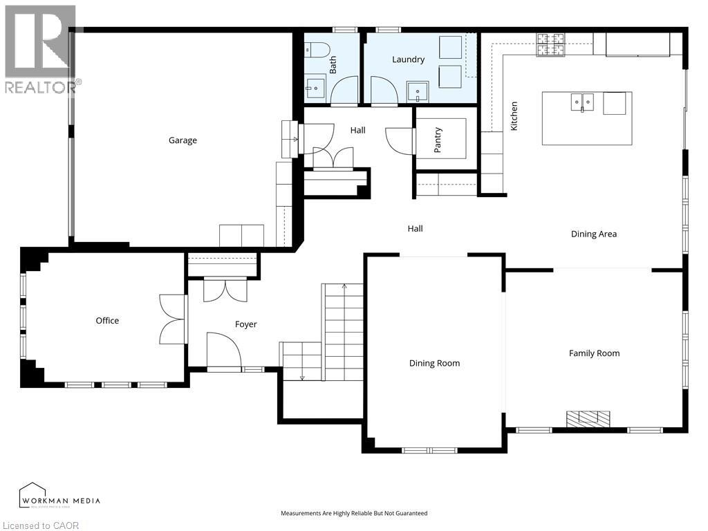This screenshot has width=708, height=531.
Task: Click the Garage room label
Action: click(183, 140)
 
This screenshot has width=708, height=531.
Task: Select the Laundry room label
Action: click(408, 59)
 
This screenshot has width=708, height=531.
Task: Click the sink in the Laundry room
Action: click(418, 92)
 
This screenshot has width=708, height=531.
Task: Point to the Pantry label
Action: click(437, 140)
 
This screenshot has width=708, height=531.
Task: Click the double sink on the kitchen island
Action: click(582, 102)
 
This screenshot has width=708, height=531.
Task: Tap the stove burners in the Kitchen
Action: click(550, 45)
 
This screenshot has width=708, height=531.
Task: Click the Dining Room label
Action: click(434, 363)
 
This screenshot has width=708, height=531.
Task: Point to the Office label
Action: click(107, 321)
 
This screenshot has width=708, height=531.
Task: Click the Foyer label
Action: click(246, 324)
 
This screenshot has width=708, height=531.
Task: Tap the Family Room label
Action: click(594, 353)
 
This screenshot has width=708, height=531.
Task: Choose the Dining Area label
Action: click(594, 234)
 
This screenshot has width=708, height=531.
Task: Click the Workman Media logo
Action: click(59, 496)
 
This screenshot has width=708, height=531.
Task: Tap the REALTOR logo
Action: click(41, 49)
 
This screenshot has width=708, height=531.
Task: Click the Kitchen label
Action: click(514, 116)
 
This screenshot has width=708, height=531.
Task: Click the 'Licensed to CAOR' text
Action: click(40, 525)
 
